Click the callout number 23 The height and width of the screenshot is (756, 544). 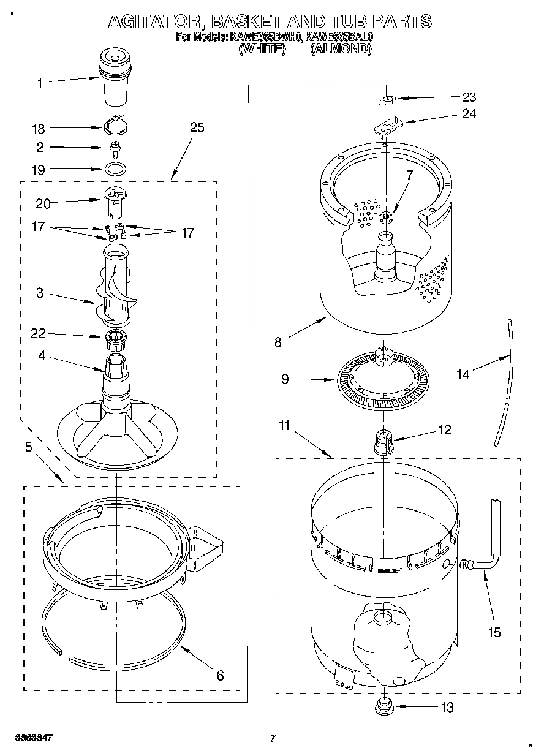point(469,97)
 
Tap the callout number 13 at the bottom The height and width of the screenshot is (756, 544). point(447,708)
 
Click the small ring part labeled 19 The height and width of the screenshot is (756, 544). point(114,168)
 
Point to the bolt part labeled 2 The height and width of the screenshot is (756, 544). point(113,148)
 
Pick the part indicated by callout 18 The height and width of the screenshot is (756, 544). point(115,126)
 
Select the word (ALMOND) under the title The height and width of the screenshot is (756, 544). point(341,48)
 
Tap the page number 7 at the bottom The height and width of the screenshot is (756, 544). point(273,738)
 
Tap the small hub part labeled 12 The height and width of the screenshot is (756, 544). point(383,441)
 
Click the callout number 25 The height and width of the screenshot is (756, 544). point(197,127)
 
